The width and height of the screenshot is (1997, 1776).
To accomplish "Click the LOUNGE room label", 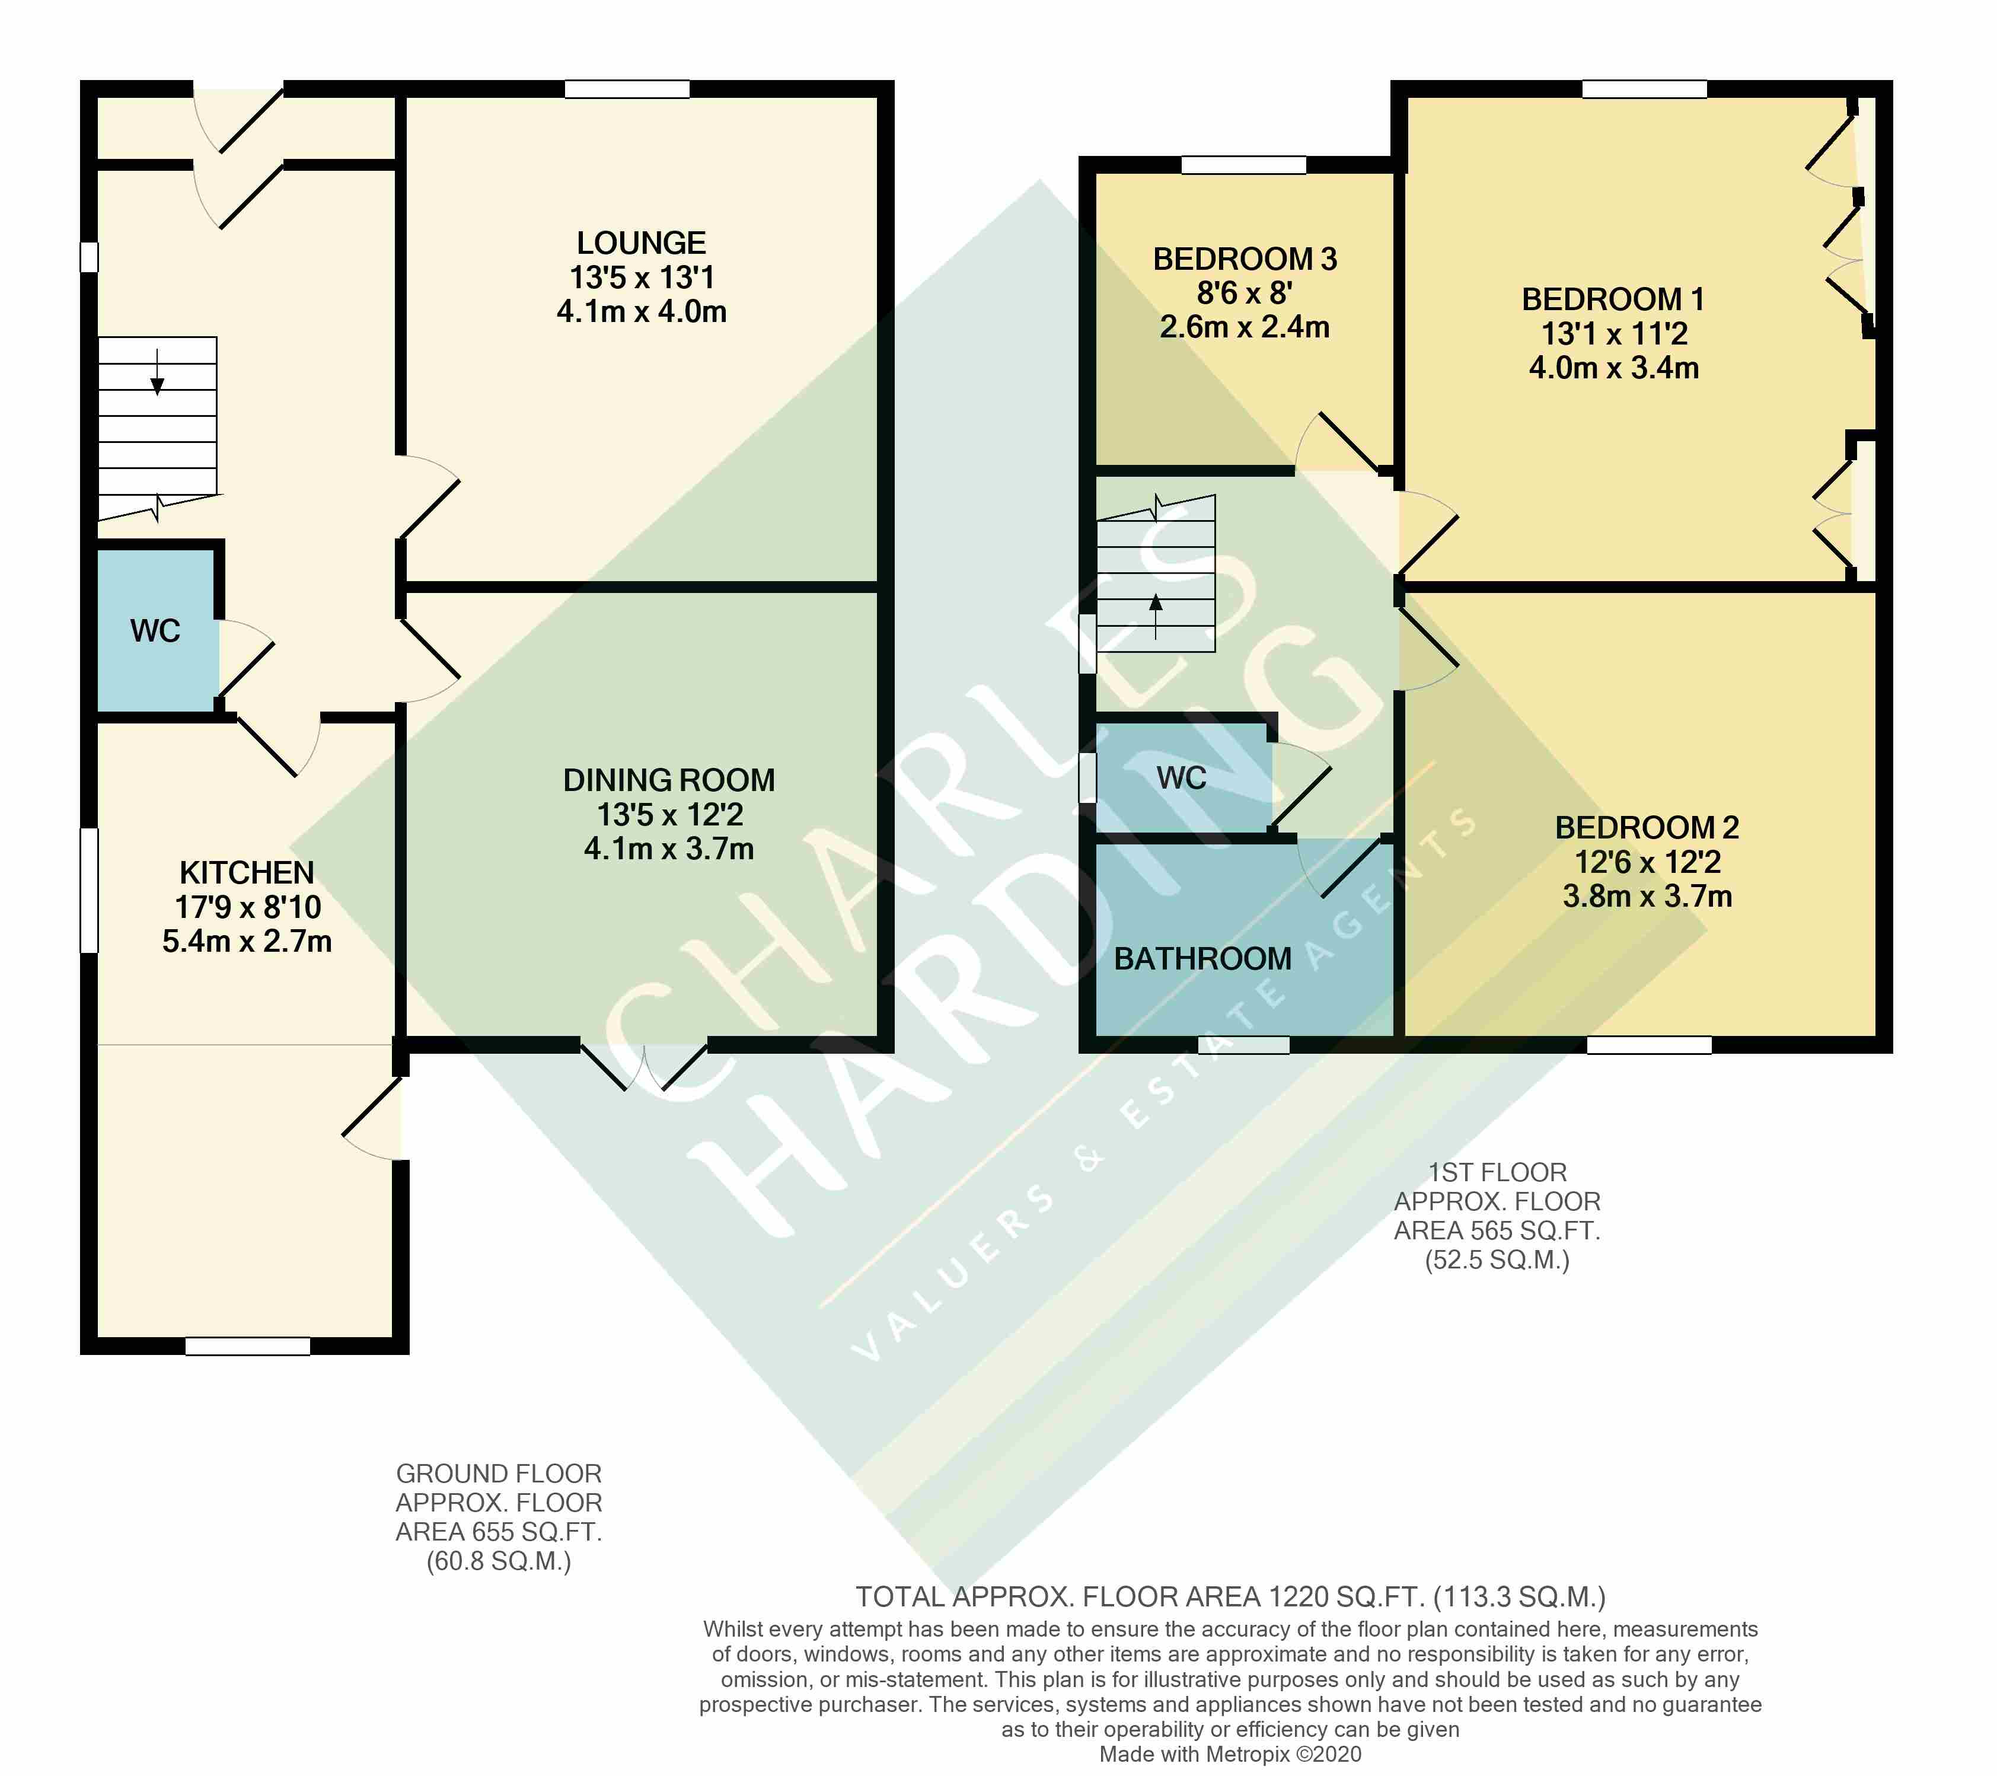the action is tap(641, 243).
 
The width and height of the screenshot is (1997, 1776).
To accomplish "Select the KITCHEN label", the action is tap(247, 872).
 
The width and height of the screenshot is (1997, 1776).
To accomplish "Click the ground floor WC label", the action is tap(155, 631).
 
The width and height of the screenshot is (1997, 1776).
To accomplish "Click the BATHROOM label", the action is tap(1202, 958).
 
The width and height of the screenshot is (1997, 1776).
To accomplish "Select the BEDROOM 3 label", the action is tap(1244, 259).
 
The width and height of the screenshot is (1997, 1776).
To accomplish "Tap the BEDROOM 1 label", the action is tap(1613, 299).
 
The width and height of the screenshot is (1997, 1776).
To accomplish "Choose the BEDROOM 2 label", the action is tap(1647, 827).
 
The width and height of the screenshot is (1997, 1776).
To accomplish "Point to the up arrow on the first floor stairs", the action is tap(1156, 616).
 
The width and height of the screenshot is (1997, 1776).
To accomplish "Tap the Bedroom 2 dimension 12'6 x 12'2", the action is tap(1647, 862).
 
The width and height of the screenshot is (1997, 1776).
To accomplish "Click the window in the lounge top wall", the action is tap(627, 89).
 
